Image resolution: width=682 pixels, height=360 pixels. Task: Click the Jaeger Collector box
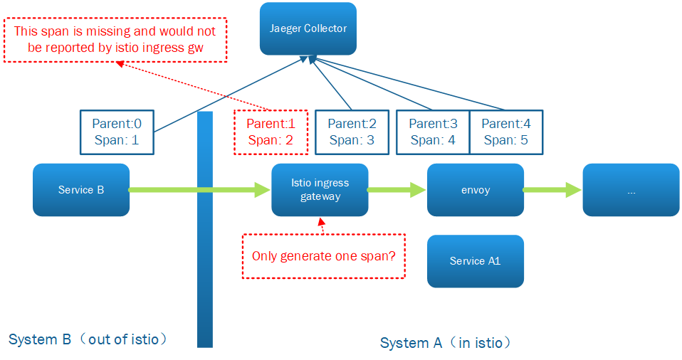tap(308, 28)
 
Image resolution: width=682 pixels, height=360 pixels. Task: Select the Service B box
tap(81, 190)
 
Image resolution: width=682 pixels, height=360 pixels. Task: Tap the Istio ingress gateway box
tap(320, 190)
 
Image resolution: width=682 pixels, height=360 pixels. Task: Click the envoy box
tap(475, 190)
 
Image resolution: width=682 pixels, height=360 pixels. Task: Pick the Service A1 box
tap(475, 261)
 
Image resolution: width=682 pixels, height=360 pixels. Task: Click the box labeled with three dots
tap(631, 190)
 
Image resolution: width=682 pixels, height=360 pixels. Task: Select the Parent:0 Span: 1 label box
tap(116, 132)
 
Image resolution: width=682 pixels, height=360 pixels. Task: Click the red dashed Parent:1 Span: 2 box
tap(271, 132)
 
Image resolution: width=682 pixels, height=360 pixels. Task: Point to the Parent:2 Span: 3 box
tap(351, 132)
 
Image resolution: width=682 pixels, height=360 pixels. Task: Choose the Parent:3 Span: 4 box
tap(432, 132)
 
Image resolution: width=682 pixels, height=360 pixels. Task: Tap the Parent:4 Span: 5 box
tap(506, 132)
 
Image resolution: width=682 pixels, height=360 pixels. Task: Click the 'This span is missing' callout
tap(115, 40)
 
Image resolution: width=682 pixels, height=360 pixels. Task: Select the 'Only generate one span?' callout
tap(323, 255)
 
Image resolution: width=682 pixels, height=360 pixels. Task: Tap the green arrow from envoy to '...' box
tap(552, 190)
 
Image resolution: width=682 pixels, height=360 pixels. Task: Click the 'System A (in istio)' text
tap(446, 343)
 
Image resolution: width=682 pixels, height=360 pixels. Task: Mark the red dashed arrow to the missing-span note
tap(192, 86)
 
